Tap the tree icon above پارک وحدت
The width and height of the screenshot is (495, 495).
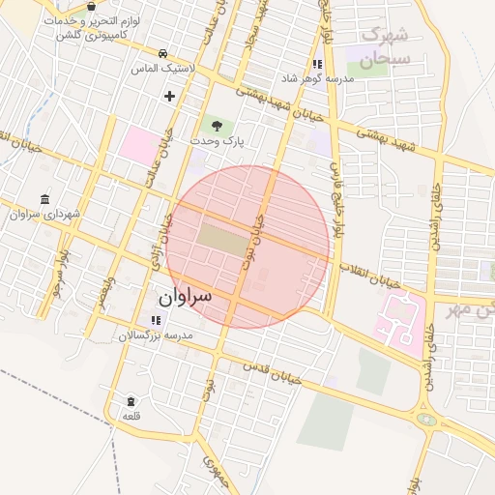[216, 127]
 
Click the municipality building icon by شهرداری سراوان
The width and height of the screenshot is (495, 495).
[45, 199]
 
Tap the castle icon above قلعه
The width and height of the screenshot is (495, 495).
[131, 400]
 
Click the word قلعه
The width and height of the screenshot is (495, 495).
[131, 415]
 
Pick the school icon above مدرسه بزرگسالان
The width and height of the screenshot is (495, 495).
[156, 320]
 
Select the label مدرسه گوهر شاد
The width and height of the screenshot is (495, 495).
[315, 77]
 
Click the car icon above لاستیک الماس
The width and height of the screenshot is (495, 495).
[163, 53]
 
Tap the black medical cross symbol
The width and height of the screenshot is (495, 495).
[170, 96]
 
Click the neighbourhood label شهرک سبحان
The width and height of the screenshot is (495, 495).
[385, 46]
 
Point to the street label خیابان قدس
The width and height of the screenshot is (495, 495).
[274, 374]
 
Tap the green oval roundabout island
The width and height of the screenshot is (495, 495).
[425, 420]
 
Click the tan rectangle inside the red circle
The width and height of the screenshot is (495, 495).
[223, 240]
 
